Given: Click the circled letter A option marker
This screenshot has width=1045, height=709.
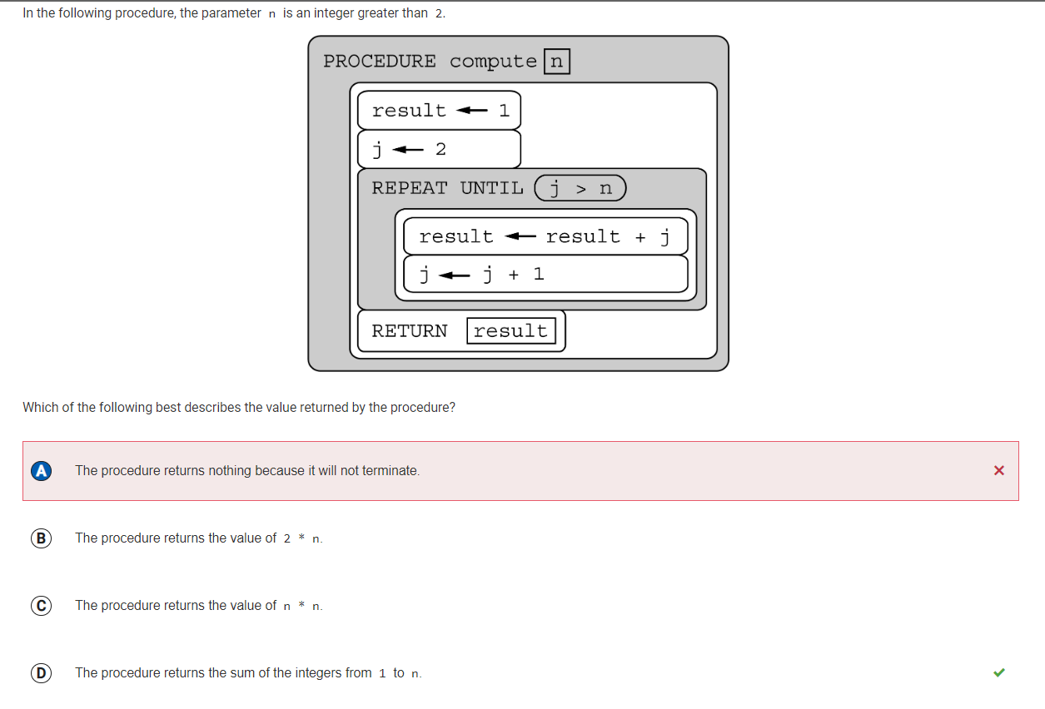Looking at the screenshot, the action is point(41,471).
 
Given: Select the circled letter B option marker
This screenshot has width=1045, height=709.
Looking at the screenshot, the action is point(41,538).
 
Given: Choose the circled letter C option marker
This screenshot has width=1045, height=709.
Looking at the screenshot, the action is point(41,606).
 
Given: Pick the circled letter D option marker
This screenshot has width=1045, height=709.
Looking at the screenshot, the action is point(41,673).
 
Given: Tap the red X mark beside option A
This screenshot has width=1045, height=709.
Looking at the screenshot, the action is point(999,470).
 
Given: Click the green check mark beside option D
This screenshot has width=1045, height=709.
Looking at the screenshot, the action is point(999,672).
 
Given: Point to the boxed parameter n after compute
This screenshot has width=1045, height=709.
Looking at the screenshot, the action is point(556,61).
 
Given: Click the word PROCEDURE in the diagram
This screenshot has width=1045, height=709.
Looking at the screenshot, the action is point(380,61).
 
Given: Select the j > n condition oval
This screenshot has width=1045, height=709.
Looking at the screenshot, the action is point(580,188).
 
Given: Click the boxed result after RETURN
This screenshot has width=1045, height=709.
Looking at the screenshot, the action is point(510,331).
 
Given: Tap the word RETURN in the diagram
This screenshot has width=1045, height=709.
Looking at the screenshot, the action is point(409,331).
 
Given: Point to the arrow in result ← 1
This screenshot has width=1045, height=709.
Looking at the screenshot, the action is point(471,111).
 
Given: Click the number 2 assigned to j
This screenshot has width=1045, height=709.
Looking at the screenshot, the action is point(440,149).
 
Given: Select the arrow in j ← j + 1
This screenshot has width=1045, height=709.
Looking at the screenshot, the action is point(454,275).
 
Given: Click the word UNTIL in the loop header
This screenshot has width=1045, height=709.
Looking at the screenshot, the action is point(492,188).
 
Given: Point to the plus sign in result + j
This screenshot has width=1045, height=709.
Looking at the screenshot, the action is point(640,237).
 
